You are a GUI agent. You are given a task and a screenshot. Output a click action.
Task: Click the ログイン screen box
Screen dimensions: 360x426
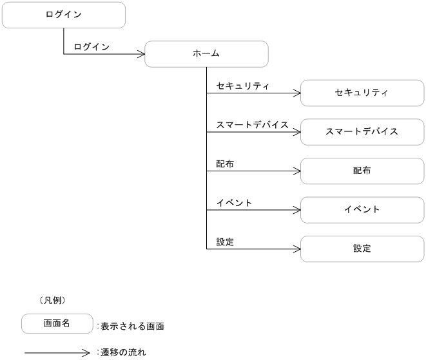click(x=63, y=15)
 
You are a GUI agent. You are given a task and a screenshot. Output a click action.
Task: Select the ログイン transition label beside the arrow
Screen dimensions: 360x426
click(x=92, y=46)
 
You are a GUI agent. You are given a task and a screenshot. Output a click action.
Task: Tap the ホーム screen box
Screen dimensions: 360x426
click(x=206, y=54)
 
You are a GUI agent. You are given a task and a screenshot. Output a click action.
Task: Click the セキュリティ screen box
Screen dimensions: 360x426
click(x=362, y=93)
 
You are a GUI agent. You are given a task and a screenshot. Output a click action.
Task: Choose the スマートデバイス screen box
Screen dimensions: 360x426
click(x=362, y=132)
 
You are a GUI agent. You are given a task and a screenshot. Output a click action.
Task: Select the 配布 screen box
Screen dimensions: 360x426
click(x=362, y=171)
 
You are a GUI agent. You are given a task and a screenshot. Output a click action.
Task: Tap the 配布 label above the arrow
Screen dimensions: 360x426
click(x=225, y=164)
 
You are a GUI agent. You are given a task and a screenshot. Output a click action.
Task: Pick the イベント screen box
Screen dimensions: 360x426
click(x=362, y=209)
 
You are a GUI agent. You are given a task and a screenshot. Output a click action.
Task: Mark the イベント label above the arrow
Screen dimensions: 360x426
click(x=234, y=202)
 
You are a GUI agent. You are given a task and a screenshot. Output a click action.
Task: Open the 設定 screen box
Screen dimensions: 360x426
click(x=362, y=249)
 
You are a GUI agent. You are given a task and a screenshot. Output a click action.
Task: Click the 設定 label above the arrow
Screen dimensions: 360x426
click(x=225, y=242)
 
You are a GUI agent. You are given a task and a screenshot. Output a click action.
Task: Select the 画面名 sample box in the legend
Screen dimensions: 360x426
click(x=57, y=323)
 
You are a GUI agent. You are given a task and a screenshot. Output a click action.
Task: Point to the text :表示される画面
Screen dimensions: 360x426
click(x=130, y=327)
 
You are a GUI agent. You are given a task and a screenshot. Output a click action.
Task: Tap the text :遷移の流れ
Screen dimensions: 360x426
click(x=122, y=352)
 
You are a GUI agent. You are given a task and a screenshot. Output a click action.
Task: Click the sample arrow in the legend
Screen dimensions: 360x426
click(x=57, y=352)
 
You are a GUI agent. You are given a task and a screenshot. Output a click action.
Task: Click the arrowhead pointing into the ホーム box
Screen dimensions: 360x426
click(x=140, y=55)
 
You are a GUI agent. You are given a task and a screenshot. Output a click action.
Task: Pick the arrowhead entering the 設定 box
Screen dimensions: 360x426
click(x=296, y=249)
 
